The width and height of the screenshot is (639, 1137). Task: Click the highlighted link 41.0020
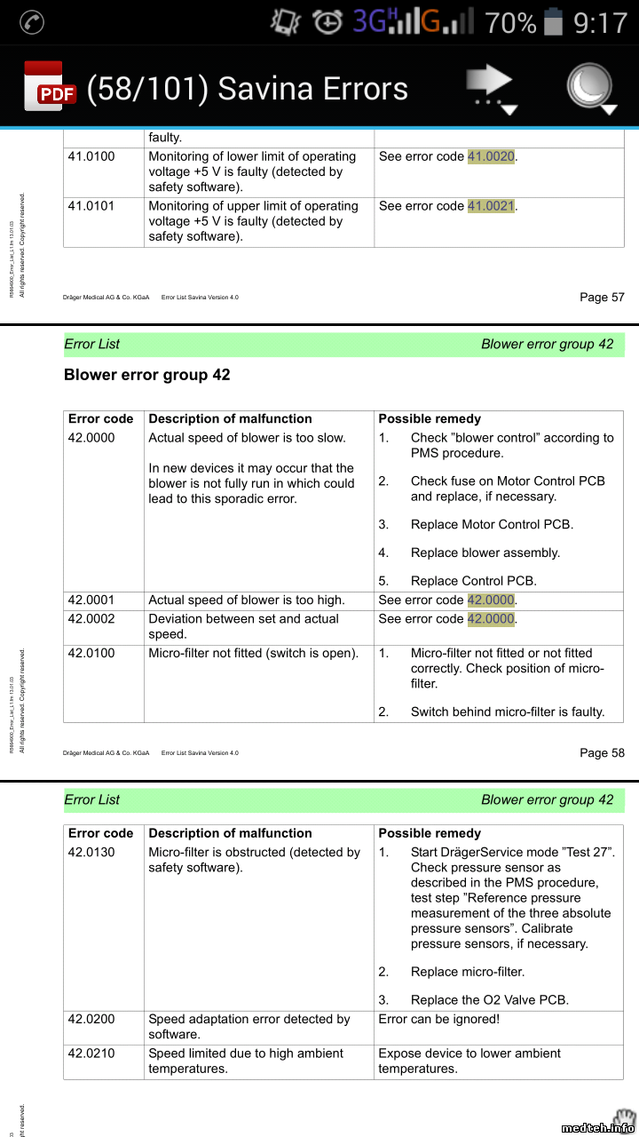(491, 156)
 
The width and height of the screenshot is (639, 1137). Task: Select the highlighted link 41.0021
(491, 206)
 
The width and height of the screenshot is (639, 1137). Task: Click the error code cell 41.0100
(91, 156)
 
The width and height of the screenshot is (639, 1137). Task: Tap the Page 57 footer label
(602, 297)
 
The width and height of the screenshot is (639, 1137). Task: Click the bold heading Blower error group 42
(147, 375)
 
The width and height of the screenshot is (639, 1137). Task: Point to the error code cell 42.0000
(91, 438)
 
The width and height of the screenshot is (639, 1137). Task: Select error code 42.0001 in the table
(91, 600)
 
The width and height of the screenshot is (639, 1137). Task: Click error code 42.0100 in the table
(91, 653)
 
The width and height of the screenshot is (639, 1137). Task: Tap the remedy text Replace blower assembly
(485, 553)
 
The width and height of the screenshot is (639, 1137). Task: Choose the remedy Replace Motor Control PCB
(492, 524)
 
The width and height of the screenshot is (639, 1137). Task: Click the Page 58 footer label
(602, 752)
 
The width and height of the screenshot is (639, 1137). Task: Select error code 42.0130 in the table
(91, 853)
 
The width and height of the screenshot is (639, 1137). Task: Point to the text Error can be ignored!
(438, 1020)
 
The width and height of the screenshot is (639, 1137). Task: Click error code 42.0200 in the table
(91, 1020)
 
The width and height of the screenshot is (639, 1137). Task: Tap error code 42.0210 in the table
(91, 1054)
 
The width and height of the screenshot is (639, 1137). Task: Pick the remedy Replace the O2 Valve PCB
(489, 999)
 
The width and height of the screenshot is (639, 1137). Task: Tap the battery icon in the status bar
(553, 21)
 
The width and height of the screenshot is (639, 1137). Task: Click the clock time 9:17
(600, 22)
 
